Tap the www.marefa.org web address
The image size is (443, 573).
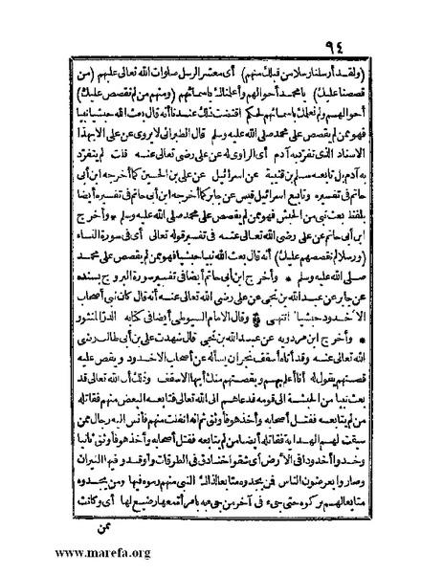[60, 554]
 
